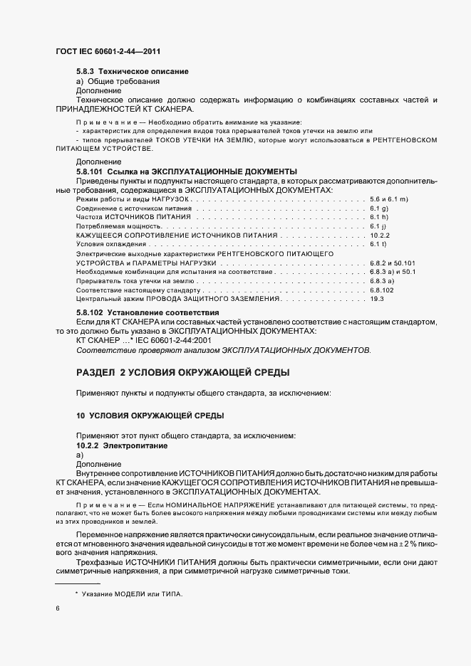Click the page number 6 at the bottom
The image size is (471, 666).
point(58,608)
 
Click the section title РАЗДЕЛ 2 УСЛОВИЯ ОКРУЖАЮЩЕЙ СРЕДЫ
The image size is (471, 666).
point(182,373)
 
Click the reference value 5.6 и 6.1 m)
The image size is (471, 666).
point(388,199)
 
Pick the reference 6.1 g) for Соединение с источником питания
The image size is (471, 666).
point(378,208)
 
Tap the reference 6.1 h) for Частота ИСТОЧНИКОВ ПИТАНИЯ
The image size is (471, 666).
point(378,217)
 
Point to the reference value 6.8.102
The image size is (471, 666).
point(383,290)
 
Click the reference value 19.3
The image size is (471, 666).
point(377,300)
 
